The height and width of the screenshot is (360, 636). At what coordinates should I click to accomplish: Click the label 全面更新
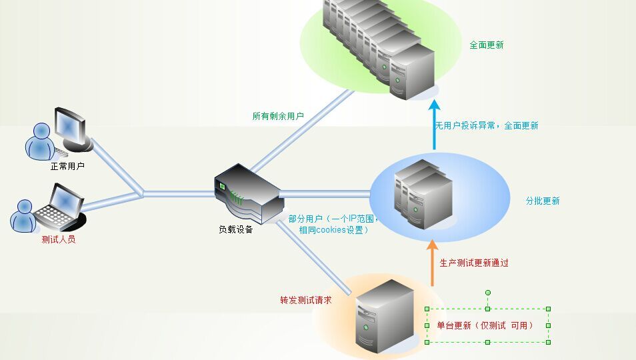tap(486, 45)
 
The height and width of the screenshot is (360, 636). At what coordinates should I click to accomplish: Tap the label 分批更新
tap(543, 201)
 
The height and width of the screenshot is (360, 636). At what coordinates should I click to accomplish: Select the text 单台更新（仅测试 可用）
tap(485, 325)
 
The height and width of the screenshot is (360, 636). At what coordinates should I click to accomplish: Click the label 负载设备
tap(236, 229)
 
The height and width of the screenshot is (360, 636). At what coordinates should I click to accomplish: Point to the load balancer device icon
tap(245, 195)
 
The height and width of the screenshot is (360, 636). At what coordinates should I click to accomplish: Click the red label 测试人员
tap(59, 239)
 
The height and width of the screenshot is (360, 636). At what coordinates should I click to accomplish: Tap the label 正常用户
tap(67, 166)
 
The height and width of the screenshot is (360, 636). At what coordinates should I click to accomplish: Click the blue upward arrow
tap(435, 124)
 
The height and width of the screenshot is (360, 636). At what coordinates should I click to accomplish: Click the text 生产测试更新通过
tap(474, 263)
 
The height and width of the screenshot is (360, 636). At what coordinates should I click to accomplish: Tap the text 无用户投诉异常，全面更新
tap(487, 125)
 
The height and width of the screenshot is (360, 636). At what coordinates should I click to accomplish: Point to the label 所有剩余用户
tap(278, 116)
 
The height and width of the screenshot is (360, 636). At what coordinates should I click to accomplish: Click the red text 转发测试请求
tap(306, 300)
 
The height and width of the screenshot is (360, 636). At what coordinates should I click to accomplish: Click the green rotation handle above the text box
tap(487, 293)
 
